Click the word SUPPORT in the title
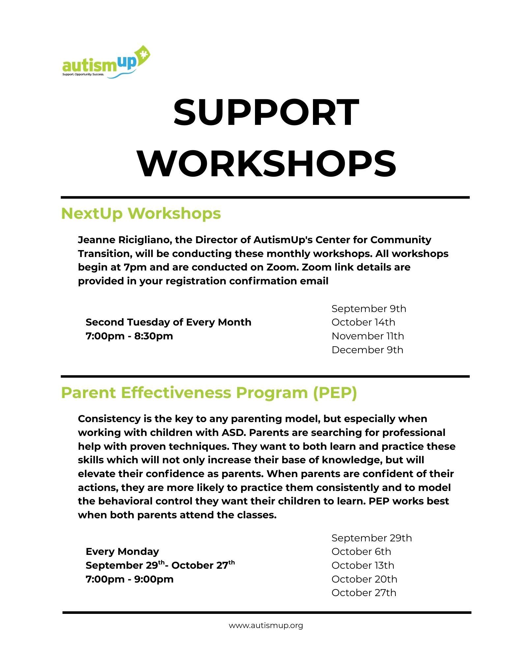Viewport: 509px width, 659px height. (266, 113)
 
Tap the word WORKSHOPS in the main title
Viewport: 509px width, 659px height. (267, 163)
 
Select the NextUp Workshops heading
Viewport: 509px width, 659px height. (141, 214)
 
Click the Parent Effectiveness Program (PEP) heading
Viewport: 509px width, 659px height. (209, 393)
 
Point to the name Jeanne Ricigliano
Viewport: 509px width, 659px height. (124, 240)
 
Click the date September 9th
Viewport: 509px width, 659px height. (369, 309)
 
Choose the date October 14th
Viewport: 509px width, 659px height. (363, 322)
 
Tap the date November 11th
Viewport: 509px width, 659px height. (368, 336)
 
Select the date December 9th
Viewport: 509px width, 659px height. (367, 350)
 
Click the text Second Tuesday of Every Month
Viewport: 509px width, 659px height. (168, 322)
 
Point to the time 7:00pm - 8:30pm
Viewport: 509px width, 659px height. (129, 336)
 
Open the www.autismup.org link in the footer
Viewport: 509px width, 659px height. (266, 625)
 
